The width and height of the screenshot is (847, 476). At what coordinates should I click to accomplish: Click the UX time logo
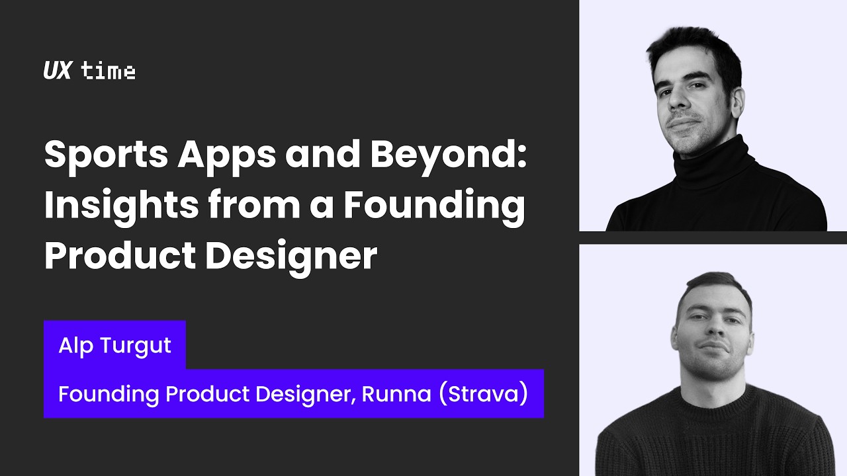pyautogui.click(x=89, y=71)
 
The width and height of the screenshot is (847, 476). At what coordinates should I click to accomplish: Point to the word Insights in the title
pyautogui.click(x=121, y=206)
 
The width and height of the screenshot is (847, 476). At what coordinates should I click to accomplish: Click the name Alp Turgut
pyautogui.click(x=114, y=344)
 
